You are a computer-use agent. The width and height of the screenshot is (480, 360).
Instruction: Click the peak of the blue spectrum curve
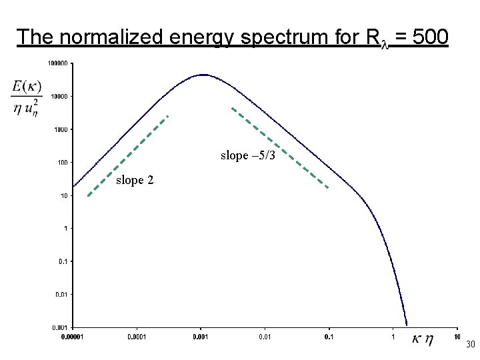[x=203, y=75]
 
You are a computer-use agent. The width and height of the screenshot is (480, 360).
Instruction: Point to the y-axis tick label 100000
[x=57, y=63]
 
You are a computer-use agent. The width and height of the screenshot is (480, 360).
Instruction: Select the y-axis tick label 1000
[x=61, y=129]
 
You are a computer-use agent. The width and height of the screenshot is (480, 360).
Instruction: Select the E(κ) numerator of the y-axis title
[x=27, y=87]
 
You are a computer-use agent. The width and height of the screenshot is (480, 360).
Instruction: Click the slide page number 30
[x=469, y=345]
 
